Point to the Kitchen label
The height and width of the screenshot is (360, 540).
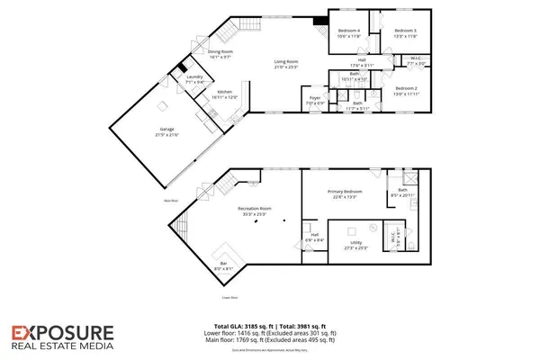[x=224, y=93]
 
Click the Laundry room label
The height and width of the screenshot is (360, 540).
[x=194, y=78]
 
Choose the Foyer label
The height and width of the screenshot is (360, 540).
[x=315, y=99]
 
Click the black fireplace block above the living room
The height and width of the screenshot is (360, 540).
[x=319, y=23]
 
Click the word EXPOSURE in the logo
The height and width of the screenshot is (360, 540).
[x=62, y=334]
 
